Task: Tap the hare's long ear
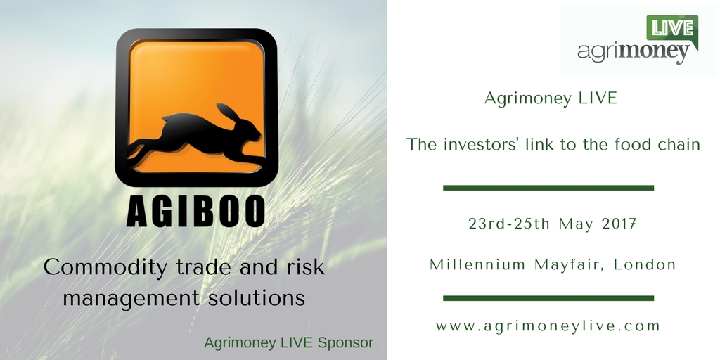point(229,113)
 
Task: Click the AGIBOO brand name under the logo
point(196,211)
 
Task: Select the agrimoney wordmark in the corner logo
point(634,52)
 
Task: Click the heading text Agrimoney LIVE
point(551,98)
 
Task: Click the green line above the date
point(548,188)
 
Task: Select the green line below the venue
point(548,298)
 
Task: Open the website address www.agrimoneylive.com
point(548,326)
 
